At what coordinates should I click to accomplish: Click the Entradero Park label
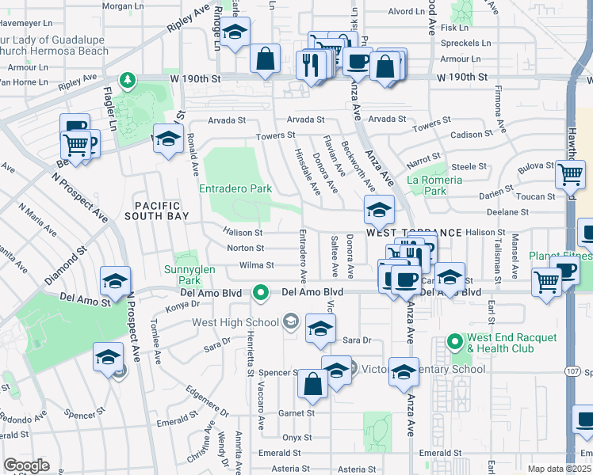(x=235, y=189)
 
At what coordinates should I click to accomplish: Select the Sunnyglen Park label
(x=196, y=275)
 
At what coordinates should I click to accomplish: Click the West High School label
(x=235, y=322)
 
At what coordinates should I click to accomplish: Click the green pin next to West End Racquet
(x=454, y=342)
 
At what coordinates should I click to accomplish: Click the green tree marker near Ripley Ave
(x=126, y=80)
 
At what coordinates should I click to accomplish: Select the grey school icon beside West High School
(x=290, y=321)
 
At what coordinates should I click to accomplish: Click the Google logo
(x=26, y=465)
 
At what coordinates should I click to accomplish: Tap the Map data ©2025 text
(x=559, y=469)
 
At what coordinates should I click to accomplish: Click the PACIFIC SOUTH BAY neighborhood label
(x=155, y=210)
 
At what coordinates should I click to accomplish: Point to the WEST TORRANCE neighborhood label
(x=414, y=233)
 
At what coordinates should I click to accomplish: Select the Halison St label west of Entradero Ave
(x=243, y=233)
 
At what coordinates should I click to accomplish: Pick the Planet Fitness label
(x=560, y=256)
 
